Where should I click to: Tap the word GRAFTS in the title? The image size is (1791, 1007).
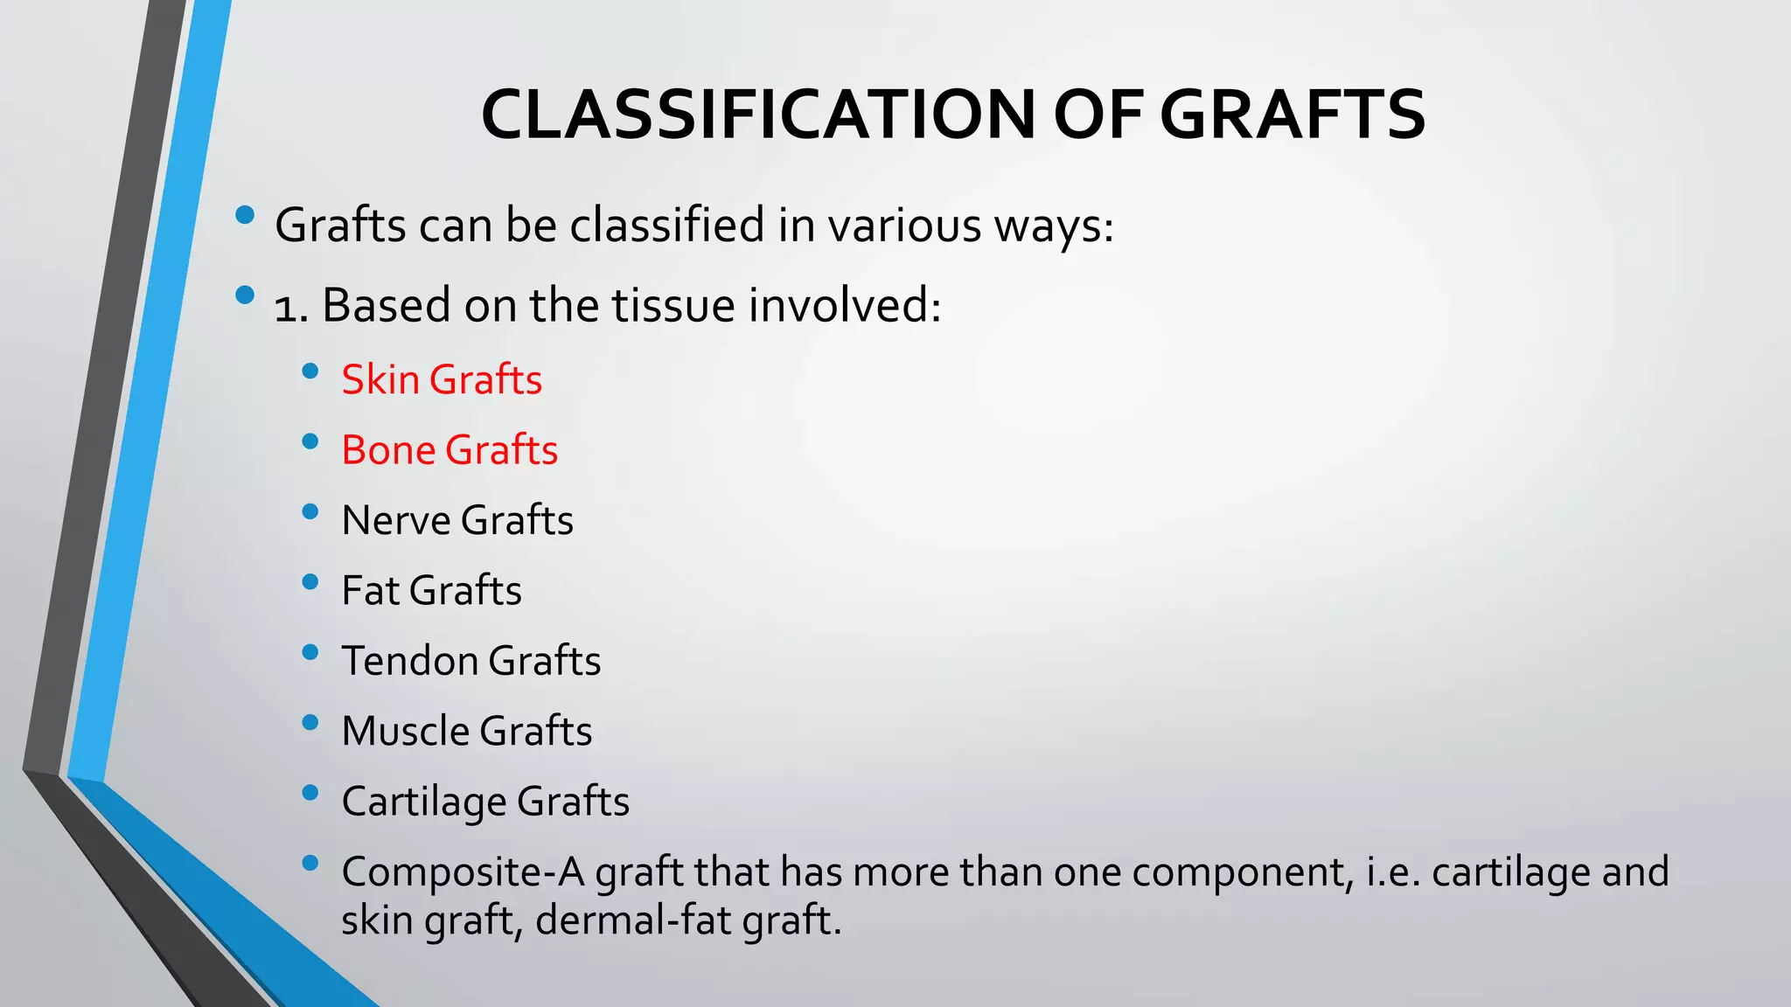coord(1293,115)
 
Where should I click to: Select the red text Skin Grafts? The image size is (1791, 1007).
coord(442,380)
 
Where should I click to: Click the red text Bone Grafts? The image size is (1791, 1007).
coord(449,450)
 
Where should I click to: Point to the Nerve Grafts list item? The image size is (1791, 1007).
coord(457,521)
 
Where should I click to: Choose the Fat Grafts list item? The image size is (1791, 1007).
coord(431,591)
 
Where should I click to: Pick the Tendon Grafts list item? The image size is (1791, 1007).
coord(471,661)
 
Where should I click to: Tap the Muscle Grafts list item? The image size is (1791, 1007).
coord(467,732)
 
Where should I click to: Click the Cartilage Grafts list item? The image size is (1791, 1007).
coord(485,802)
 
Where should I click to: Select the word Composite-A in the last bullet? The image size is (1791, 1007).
coord(463,872)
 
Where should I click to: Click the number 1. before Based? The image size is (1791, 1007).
coord(291,308)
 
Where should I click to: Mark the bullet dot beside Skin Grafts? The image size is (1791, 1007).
coord(310,372)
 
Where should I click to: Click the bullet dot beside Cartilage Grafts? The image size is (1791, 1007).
coord(310,793)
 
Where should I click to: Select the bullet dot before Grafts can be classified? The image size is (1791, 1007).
coord(245,214)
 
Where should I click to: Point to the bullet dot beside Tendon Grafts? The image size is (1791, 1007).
coord(310,652)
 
